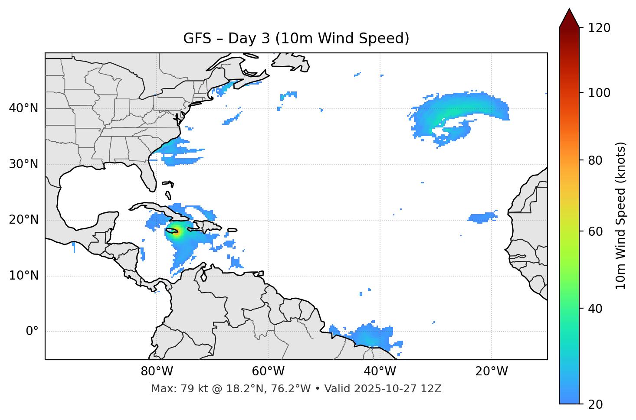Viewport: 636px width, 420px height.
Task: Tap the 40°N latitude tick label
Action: tap(23, 108)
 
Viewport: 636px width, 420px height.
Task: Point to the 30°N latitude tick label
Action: tap(23, 164)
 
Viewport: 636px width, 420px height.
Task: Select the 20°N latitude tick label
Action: tap(23, 220)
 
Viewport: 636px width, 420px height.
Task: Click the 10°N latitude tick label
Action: tap(23, 276)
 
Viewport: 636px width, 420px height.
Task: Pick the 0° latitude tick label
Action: tap(32, 332)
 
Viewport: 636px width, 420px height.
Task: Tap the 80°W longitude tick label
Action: tap(157, 371)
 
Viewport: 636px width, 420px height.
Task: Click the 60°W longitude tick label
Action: tap(268, 371)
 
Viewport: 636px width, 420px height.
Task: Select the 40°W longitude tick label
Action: tap(380, 371)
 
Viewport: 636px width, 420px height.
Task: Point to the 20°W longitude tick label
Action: tap(492, 371)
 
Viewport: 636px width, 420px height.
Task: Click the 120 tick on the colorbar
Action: tap(599, 28)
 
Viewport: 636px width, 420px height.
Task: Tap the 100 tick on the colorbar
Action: tap(599, 93)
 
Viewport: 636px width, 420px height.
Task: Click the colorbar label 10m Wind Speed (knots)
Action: tap(621, 215)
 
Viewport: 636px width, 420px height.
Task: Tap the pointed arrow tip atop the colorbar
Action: tap(569, 10)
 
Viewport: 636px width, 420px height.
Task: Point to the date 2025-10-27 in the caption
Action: tap(382, 389)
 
